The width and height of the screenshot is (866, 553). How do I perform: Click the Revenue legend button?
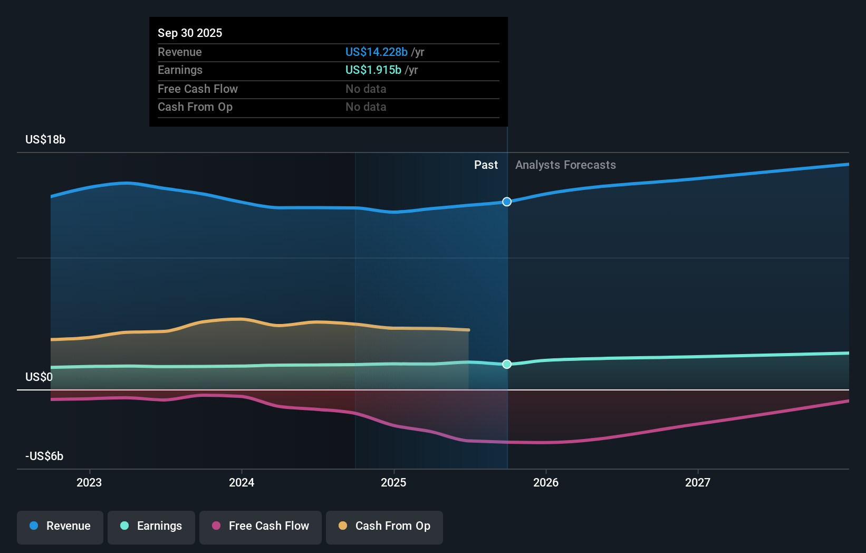click(x=60, y=526)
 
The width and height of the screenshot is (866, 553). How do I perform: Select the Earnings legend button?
click(x=151, y=526)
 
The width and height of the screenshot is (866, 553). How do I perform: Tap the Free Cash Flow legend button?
click(x=261, y=526)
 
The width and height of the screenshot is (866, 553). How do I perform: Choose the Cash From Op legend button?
click(x=384, y=526)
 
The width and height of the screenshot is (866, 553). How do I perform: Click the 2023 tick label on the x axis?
click(x=89, y=483)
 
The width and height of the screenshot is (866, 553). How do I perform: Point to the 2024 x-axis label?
click(x=242, y=483)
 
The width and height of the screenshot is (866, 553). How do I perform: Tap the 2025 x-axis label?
click(x=393, y=483)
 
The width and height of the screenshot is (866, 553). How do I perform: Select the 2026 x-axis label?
click(x=546, y=483)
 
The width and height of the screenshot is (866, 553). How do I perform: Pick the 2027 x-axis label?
click(x=698, y=483)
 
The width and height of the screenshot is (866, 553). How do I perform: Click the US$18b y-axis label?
click(x=45, y=140)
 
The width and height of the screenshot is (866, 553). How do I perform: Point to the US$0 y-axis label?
click(x=39, y=377)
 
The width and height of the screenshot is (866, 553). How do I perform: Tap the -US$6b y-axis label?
click(x=44, y=456)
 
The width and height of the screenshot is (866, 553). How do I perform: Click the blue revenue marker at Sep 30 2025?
click(x=507, y=202)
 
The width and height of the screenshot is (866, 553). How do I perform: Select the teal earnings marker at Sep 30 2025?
click(x=507, y=364)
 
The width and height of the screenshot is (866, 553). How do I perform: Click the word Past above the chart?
click(x=486, y=165)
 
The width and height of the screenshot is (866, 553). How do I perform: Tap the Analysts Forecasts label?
click(x=565, y=165)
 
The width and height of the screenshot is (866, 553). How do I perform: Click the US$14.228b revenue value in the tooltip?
click(x=377, y=52)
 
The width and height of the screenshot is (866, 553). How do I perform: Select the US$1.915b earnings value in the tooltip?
click(x=373, y=70)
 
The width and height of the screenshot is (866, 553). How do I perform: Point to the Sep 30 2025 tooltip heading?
click(x=190, y=33)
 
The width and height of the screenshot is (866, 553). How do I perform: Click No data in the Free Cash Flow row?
click(x=366, y=89)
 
